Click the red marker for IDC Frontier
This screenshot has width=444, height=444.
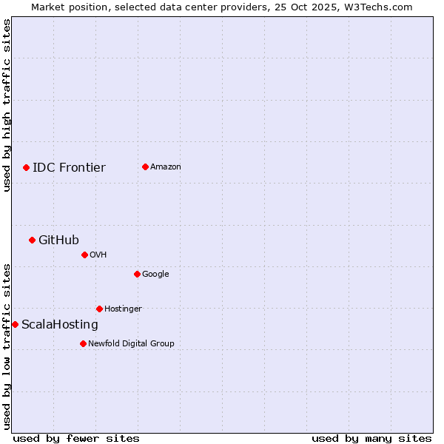pyautogui.click(x=26, y=167)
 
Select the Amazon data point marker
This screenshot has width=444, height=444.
pyautogui.click(x=145, y=166)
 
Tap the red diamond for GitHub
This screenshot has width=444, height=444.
pyautogui.click(x=32, y=240)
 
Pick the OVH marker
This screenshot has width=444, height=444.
pyautogui.click(x=84, y=255)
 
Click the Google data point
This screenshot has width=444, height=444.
pyautogui.click(x=137, y=274)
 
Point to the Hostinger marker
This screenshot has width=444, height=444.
pyautogui.click(x=99, y=309)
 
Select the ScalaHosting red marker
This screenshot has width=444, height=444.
pyautogui.click(x=15, y=324)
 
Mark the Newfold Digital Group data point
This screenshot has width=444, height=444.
pyautogui.click(x=83, y=343)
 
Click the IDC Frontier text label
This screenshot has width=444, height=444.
pyautogui.click(x=69, y=167)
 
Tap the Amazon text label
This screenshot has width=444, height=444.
pyautogui.click(x=166, y=166)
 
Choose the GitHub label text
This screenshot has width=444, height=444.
pyautogui.click(x=58, y=240)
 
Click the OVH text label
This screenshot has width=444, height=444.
pyautogui.click(x=98, y=255)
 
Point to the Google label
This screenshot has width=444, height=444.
pyautogui.click(x=155, y=274)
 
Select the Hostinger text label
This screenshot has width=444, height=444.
pyautogui.click(x=123, y=309)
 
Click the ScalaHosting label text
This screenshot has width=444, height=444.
pyautogui.click(x=60, y=324)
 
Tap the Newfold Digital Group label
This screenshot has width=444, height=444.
pyautogui.click(x=131, y=343)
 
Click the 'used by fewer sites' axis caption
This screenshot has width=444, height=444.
pyautogui.click(x=76, y=438)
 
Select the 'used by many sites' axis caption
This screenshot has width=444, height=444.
pyautogui.click(x=371, y=438)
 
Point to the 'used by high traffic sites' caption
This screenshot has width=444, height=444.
pyautogui.click(x=7, y=105)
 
